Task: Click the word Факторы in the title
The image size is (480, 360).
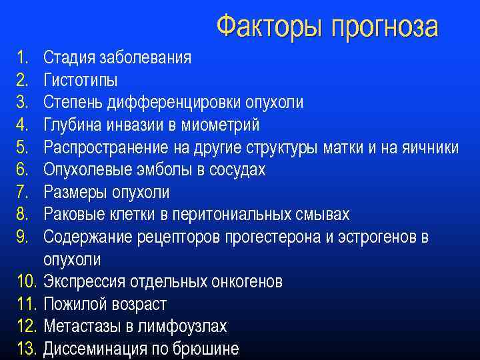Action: [265, 27]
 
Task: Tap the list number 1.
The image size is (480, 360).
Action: [21, 58]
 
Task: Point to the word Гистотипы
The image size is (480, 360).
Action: [81, 81]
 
